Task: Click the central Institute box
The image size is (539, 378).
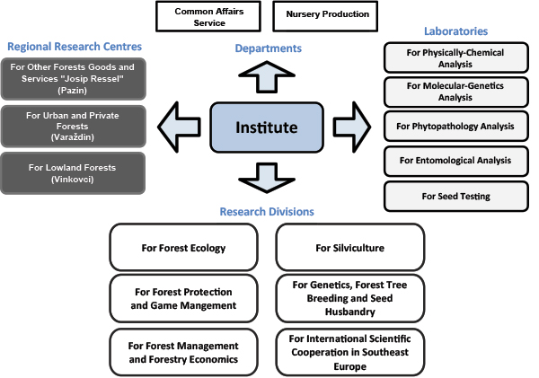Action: coord(266,128)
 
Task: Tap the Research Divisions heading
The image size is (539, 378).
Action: coord(267,212)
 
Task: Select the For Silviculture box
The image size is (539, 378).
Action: coord(349,248)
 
